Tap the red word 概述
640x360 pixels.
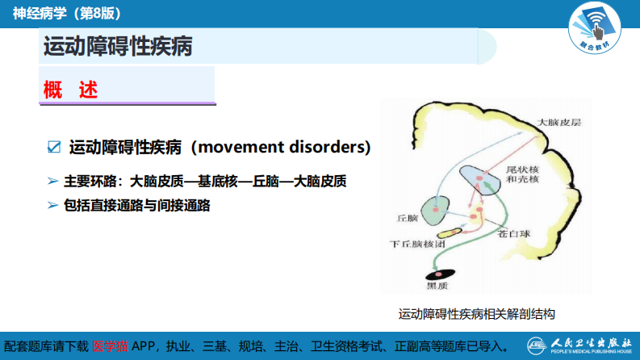click(x=70, y=90)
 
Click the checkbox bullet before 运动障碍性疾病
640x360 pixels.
click(x=55, y=147)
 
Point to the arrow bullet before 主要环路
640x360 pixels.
click(x=52, y=182)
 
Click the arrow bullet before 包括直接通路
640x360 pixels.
click(x=52, y=205)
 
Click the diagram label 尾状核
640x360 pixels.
click(x=517, y=171)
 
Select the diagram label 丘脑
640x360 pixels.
click(x=408, y=218)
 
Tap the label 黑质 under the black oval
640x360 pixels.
click(x=436, y=285)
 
